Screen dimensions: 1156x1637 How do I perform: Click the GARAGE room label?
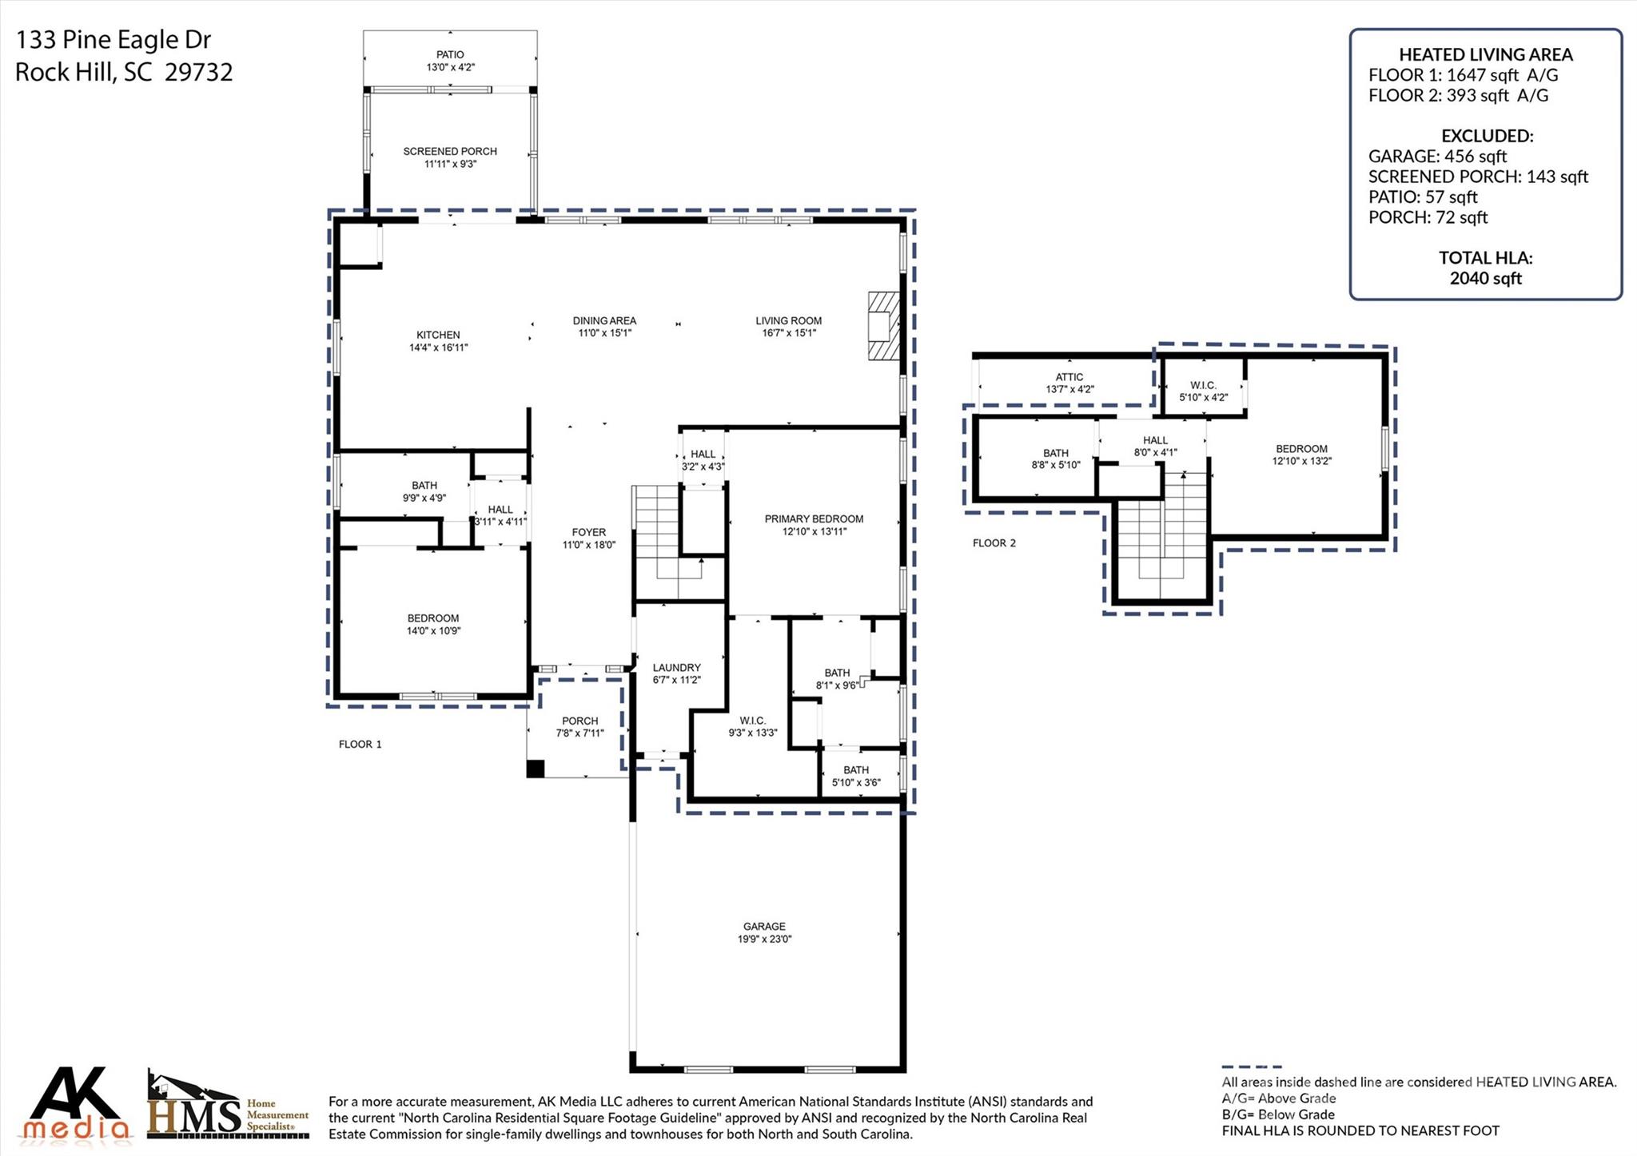click(764, 927)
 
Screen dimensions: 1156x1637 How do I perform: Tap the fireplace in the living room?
click(884, 326)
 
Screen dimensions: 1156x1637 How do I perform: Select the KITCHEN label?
click(438, 335)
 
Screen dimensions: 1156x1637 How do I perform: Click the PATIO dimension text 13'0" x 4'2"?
click(450, 68)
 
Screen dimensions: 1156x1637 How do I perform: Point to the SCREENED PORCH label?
click(450, 151)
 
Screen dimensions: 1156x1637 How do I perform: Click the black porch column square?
click(536, 769)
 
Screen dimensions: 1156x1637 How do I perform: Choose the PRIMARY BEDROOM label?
click(814, 518)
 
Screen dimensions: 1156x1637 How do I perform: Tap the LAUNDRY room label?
click(676, 668)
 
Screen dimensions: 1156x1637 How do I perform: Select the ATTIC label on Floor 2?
click(1069, 377)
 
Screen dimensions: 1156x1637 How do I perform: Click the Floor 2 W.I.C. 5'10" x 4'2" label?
click(1203, 391)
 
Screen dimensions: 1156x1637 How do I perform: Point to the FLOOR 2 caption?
click(994, 543)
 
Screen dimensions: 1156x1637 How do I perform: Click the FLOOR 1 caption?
click(360, 745)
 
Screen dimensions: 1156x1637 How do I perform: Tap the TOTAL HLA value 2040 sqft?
click(1485, 279)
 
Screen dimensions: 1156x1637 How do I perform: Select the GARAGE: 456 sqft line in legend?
click(1437, 157)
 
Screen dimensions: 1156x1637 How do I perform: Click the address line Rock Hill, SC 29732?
click(124, 73)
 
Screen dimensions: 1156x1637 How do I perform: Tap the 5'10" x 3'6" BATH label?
click(855, 777)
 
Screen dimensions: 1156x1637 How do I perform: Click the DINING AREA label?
click(604, 320)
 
